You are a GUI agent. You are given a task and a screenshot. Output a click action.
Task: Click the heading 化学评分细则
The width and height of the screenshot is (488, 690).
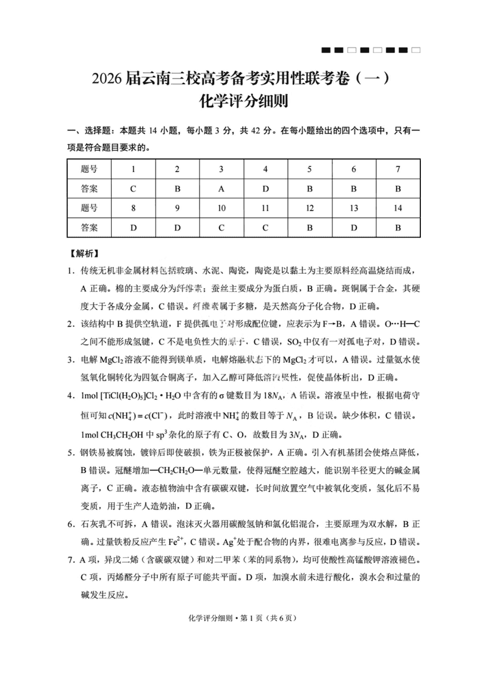[244, 101]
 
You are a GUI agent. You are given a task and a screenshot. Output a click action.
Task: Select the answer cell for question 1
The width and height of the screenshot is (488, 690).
[133, 188]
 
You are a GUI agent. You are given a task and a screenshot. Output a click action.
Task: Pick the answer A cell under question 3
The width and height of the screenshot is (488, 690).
[221, 188]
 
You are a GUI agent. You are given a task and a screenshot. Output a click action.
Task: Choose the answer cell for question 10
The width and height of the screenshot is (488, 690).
[221, 227]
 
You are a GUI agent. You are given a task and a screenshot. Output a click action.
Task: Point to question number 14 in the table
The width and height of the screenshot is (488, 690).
[398, 208]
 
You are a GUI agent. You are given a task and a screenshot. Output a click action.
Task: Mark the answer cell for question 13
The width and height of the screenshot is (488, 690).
[354, 227]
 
